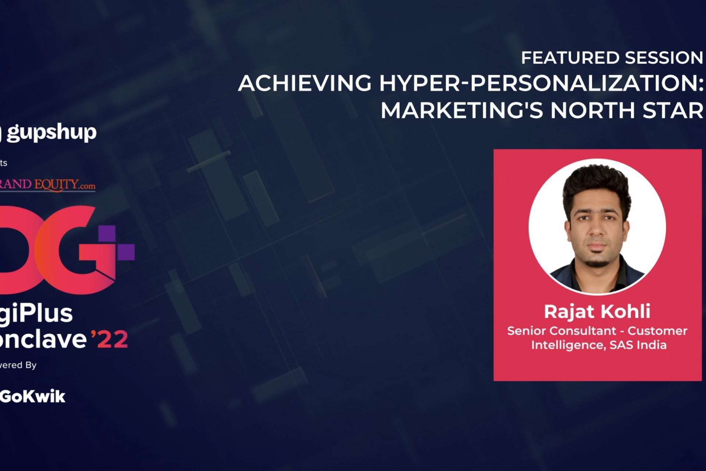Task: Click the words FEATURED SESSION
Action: click(612, 58)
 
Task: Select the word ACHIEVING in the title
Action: click(305, 83)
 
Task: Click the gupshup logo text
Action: click(51, 132)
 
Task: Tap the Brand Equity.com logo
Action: click(48, 184)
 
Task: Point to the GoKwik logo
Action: click(33, 396)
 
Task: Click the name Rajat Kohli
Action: click(597, 312)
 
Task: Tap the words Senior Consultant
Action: click(561, 331)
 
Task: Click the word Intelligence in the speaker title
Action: click(568, 345)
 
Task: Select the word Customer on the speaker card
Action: click(657, 331)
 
